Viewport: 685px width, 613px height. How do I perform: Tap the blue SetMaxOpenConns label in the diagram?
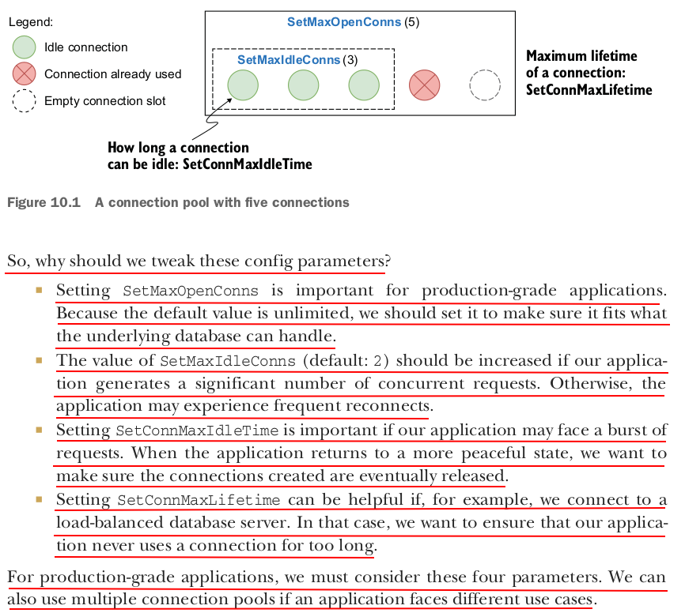(x=344, y=22)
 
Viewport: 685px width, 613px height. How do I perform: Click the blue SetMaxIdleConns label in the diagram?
(x=289, y=60)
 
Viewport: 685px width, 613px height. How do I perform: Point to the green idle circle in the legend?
(x=25, y=47)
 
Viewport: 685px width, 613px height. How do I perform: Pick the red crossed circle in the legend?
(x=25, y=74)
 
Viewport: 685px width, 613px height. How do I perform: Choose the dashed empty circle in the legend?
(x=25, y=101)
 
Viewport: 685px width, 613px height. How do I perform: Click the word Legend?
(x=31, y=22)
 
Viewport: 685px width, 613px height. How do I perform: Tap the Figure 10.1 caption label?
(x=44, y=203)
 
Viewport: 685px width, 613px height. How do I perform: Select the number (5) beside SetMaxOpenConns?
(x=411, y=22)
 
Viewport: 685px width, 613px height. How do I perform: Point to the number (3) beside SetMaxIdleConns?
(x=350, y=60)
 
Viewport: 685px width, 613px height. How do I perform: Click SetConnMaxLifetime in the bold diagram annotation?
(x=588, y=90)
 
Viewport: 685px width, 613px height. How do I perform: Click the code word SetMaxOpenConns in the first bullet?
(x=190, y=291)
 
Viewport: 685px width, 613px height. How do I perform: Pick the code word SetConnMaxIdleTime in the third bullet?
(x=197, y=431)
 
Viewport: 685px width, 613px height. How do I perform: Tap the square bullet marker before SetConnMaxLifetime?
(x=39, y=499)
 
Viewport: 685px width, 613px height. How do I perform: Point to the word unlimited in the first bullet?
(x=310, y=314)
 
